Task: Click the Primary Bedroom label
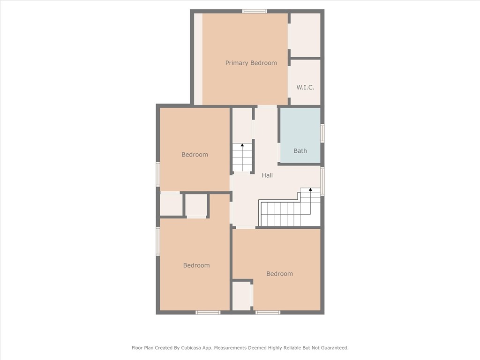251,63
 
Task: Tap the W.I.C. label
305,87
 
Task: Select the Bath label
300,150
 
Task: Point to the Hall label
267,175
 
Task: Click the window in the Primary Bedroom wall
255,11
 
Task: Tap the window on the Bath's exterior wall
322,133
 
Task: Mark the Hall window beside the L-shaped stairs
322,181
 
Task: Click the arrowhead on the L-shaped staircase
310,189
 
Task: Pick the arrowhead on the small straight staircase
242,145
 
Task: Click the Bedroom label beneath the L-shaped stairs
279,274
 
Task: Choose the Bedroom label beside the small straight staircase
195,155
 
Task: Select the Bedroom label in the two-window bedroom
196,265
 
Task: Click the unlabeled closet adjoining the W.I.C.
305,35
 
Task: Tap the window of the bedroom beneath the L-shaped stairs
268,312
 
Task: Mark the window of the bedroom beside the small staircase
158,174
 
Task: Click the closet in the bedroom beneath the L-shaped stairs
242,295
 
